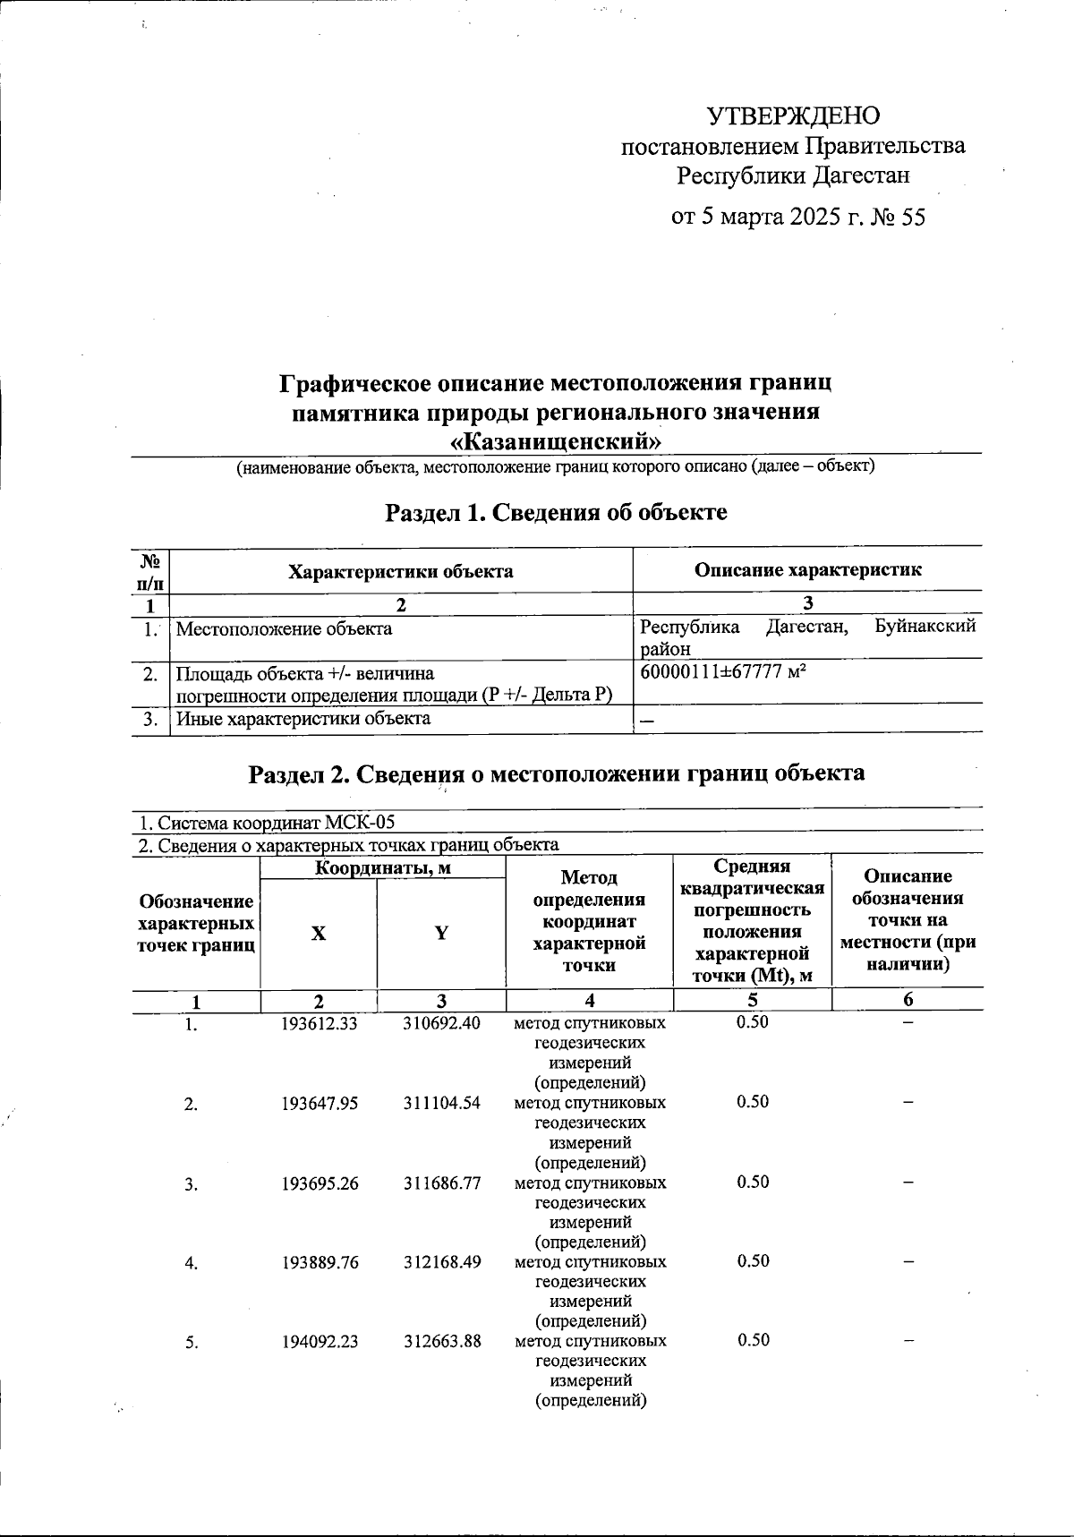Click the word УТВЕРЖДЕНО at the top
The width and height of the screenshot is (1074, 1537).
793,116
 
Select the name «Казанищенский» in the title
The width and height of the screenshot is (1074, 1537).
556,441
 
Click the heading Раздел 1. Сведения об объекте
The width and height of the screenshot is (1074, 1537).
556,512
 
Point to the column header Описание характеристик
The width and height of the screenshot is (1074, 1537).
807,570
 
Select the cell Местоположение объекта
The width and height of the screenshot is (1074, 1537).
284,628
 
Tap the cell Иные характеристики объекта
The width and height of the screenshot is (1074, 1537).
303,718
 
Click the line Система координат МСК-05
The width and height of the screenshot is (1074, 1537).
266,822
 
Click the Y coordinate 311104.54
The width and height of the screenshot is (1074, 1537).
441,1103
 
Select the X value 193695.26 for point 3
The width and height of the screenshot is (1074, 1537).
319,1183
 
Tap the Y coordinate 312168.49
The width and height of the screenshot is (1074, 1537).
441,1262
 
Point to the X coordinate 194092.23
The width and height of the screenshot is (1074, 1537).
319,1341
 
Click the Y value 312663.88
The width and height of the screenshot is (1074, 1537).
441,1341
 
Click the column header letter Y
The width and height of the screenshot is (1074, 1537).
441,933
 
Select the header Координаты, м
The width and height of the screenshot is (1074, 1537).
382,867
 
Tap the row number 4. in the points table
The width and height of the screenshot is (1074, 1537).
191,1263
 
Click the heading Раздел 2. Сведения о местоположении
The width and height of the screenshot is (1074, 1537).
556,773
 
